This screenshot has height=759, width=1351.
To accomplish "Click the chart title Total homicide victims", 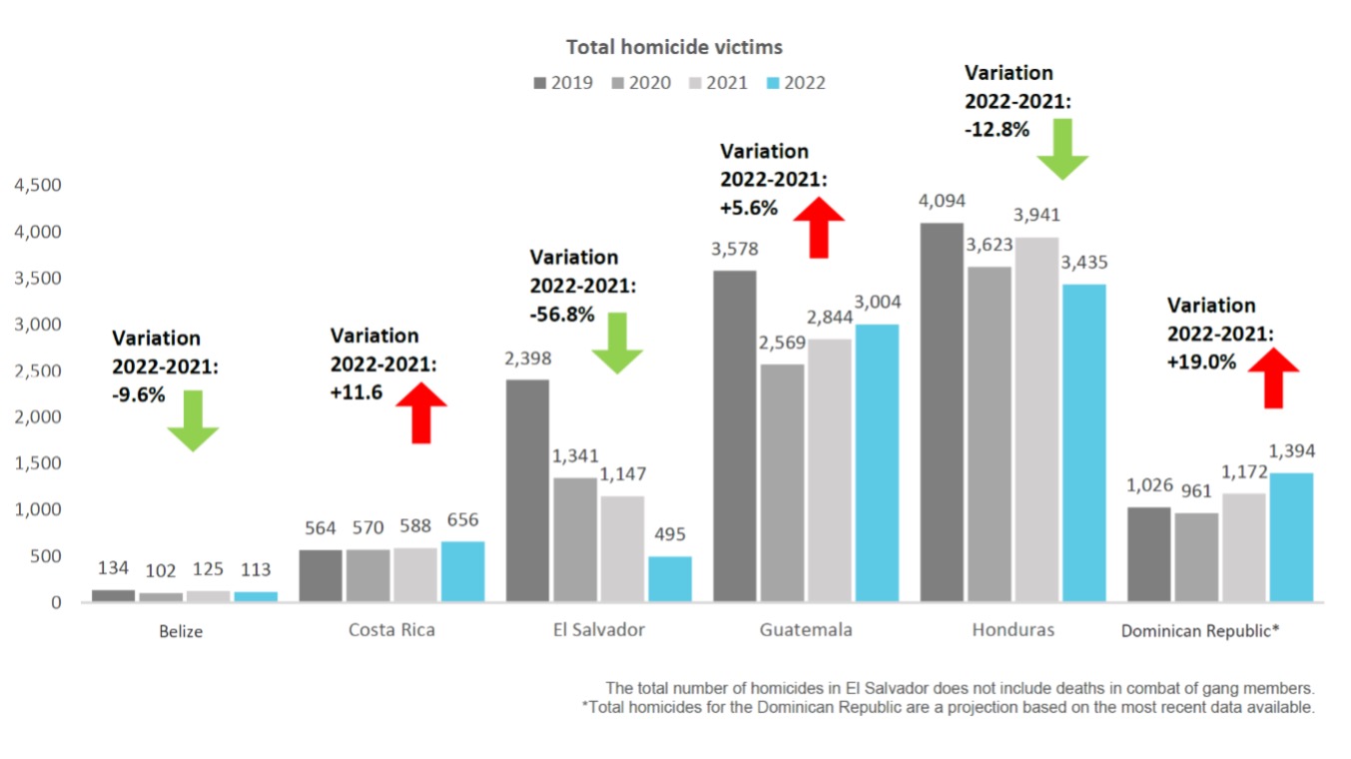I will pyautogui.click(x=674, y=47).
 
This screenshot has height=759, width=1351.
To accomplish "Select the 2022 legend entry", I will pyautogui.click(x=794, y=83).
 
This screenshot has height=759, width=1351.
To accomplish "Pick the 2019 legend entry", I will pyautogui.click(x=563, y=83).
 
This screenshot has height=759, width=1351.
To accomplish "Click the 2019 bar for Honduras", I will pyautogui.click(x=942, y=411).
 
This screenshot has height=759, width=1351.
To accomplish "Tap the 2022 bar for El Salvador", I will pyautogui.click(x=669, y=578).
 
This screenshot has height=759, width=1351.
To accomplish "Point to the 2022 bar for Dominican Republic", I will pyautogui.click(x=1291, y=537).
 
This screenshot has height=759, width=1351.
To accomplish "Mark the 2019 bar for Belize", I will pyautogui.click(x=113, y=595).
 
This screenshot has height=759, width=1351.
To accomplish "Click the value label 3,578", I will pyautogui.click(x=735, y=250).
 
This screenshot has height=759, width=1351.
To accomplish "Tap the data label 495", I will pyautogui.click(x=669, y=535).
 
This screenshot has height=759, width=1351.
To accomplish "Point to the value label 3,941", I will pyautogui.click(x=1036, y=216).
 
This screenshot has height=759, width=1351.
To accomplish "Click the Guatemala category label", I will pyautogui.click(x=806, y=630).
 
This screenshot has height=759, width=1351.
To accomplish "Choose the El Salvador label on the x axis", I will pyautogui.click(x=598, y=630).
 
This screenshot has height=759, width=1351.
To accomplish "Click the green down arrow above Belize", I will pyautogui.click(x=193, y=420).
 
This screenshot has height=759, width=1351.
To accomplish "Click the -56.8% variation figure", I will pyautogui.click(x=561, y=315).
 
